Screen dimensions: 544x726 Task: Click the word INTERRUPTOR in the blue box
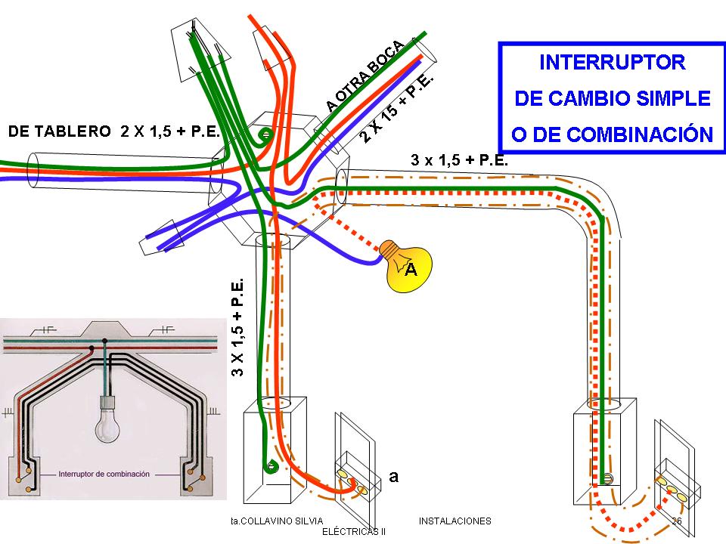(613, 62)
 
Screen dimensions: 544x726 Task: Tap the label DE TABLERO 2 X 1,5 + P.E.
(113, 131)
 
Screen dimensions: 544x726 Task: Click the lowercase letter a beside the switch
(393, 476)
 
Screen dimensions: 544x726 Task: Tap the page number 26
(677, 521)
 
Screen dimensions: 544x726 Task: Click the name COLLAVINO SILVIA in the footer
(280, 521)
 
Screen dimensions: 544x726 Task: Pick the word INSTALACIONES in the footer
(455, 521)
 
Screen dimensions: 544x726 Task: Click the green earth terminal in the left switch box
(268, 467)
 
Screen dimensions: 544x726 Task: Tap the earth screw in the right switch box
(607, 478)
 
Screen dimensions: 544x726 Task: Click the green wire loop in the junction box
(265, 136)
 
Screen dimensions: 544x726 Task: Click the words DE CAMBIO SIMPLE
(613, 98)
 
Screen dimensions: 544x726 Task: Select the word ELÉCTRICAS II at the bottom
(354, 531)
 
